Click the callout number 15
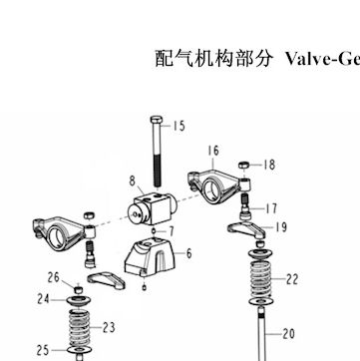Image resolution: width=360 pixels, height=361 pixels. point(179,126)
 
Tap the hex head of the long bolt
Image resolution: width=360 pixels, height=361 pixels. point(156,120)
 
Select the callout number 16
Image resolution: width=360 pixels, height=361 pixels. point(213,151)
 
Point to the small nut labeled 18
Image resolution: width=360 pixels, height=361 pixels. point(244,165)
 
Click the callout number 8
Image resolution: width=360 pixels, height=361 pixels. point(133,181)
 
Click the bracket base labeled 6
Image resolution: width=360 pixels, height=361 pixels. point(150,257)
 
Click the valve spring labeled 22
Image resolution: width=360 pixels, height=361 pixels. point(260,279)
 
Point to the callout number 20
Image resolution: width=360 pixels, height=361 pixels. point(288,333)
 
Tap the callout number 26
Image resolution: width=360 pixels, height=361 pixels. point(53,278)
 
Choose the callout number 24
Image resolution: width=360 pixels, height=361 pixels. point(43,299)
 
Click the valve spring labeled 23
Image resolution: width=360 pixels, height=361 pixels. point(79,328)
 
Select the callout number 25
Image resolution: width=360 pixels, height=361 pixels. point(43,350)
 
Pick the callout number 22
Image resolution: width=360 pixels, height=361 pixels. point(291,279)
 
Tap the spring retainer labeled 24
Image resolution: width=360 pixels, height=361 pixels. point(79,301)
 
